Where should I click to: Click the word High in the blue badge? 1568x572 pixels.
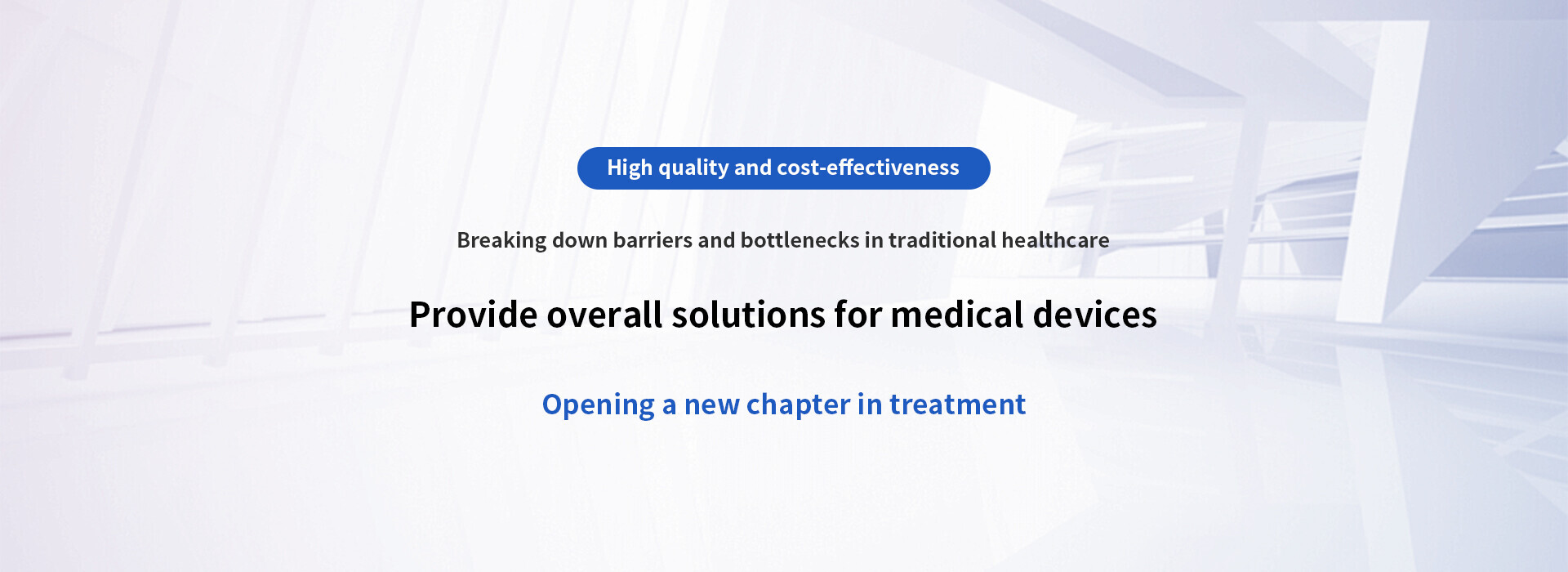pyautogui.click(x=630, y=168)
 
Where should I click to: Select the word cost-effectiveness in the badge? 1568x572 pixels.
pyautogui.click(x=868, y=168)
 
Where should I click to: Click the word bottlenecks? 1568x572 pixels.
pyautogui.click(x=800, y=240)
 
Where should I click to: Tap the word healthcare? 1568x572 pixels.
pyautogui.click(x=1055, y=240)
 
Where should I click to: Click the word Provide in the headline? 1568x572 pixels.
pyautogui.click(x=474, y=315)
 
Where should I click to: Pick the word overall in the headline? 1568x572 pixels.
pyautogui.click(x=604, y=315)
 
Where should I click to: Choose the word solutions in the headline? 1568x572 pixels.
pyautogui.click(x=749, y=315)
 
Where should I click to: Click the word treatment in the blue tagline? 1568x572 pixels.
pyautogui.click(x=957, y=405)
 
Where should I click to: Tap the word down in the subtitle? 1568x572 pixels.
pyautogui.click(x=580, y=240)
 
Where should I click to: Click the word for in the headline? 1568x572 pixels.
pyautogui.click(x=858, y=315)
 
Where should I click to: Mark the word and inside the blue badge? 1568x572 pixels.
pyautogui.click(x=753, y=168)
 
